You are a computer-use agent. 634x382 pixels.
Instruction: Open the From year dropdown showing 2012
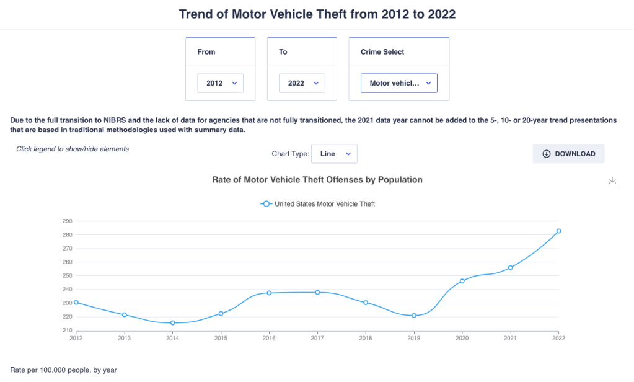pyautogui.click(x=220, y=83)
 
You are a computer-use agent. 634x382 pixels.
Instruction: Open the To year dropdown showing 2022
pyautogui.click(x=302, y=83)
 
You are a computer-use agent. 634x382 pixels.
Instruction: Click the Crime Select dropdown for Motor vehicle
pyautogui.click(x=398, y=83)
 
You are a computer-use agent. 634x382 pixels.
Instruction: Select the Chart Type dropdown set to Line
pyautogui.click(x=334, y=154)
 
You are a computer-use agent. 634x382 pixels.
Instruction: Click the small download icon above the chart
pyautogui.click(x=612, y=180)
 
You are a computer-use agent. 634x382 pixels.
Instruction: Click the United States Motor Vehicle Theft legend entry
pyautogui.click(x=319, y=203)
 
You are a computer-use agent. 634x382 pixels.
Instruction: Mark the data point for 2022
pyautogui.click(x=558, y=231)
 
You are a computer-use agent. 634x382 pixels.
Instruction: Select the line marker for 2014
pyautogui.click(x=173, y=323)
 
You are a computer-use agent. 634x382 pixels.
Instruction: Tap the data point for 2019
pyautogui.click(x=414, y=316)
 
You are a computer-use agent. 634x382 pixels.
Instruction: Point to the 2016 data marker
pyautogui.click(x=269, y=293)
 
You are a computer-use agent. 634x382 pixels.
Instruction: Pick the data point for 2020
pyautogui.click(x=462, y=281)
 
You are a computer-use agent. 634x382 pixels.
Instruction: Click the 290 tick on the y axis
pyautogui.click(x=68, y=221)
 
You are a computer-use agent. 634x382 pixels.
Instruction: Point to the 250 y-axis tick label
pyautogui.click(x=68, y=276)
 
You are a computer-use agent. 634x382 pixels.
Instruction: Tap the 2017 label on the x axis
pyautogui.click(x=317, y=339)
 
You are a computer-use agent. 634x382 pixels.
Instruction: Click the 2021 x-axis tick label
pyautogui.click(x=510, y=339)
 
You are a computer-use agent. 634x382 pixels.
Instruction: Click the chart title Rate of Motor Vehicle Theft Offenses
pyautogui.click(x=317, y=180)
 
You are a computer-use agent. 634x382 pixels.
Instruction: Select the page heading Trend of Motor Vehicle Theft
pyautogui.click(x=317, y=14)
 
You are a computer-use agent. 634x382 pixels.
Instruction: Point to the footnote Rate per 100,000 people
pyautogui.click(x=63, y=370)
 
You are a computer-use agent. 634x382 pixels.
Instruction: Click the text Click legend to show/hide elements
pyautogui.click(x=73, y=149)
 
